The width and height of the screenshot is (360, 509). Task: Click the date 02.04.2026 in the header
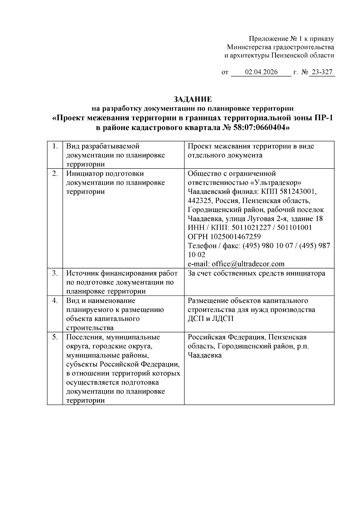(x=261, y=72)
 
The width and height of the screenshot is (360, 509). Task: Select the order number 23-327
(x=322, y=72)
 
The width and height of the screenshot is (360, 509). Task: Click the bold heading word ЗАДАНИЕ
(x=193, y=99)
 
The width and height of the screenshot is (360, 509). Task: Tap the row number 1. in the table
(x=55, y=146)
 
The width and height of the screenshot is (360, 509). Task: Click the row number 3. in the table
(x=55, y=273)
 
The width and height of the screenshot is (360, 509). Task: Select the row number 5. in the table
(x=55, y=337)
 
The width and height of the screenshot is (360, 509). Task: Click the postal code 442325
(x=199, y=201)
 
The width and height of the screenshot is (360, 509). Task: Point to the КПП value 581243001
(x=300, y=192)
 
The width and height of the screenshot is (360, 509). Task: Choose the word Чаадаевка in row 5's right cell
(x=205, y=355)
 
